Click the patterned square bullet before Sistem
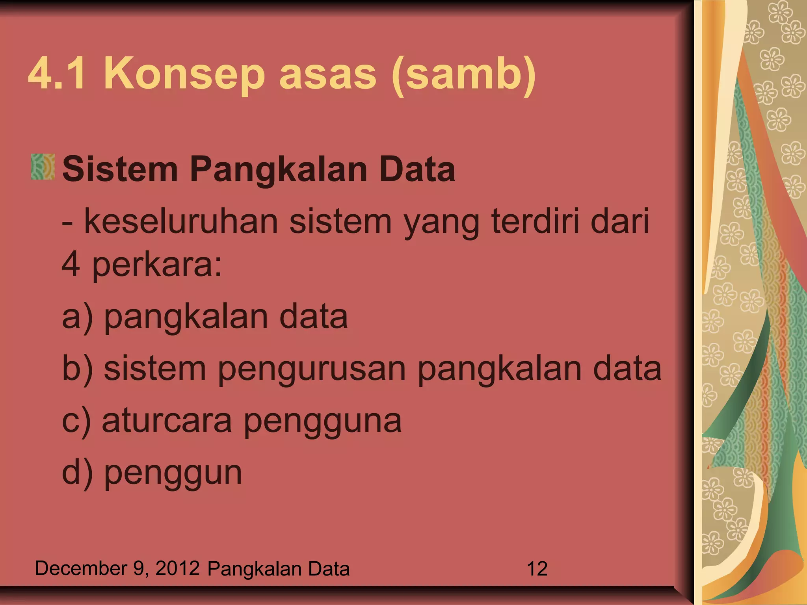click(x=43, y=167)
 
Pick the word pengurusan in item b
click(x=312, y=369)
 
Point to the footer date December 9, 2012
click(x=117, y=568)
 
